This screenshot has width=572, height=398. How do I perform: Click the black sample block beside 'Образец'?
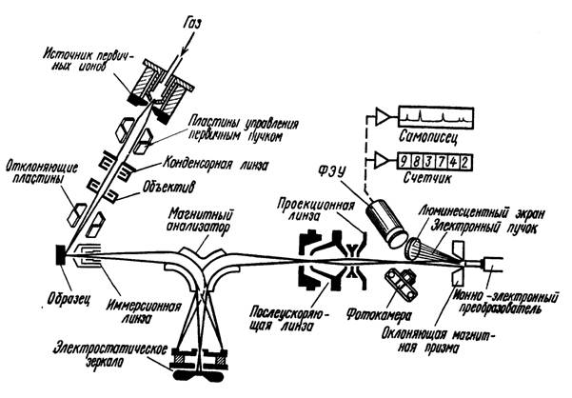pyautogui.click(x=62, y=255)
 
